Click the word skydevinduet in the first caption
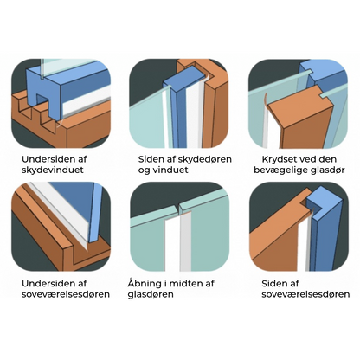pyautogui.click(x=53, y=170)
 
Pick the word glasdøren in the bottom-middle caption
pyautogui.click(x=151, y=294)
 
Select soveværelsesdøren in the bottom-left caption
pyautogui.click(x=66, y=294)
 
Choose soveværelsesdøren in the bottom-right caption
pyautogui.click(x=305, y=294)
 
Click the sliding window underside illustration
pyautogui.click(x=61, y=104)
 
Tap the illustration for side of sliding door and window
pyautogui.click(x=179, y=104)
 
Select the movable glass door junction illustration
pyautogui.click(x=299, y=104)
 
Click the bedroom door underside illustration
pyautogui.click(x=61, y=227)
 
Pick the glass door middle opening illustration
pyautogui.click(x=179, y=227)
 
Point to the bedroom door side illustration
pyautogui.click(x=299, y=227)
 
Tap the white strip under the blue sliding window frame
pyautogui.click(x=87, y=101)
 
